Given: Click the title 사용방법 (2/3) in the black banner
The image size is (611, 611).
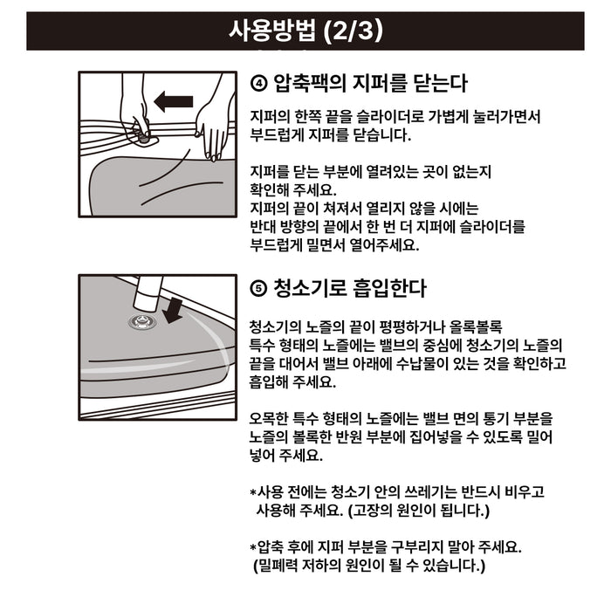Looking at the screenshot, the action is (x=305, y=31).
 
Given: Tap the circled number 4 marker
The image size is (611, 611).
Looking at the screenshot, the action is (x=258, y=84).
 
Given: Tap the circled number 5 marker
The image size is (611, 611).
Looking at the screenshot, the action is (x=258, y=289).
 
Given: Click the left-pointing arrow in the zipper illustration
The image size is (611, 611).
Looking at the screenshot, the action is (x=174, y=101).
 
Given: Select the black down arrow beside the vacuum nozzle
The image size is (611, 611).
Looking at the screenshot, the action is (x=173, y=311).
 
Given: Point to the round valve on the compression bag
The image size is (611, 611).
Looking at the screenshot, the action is (x=143, y=322).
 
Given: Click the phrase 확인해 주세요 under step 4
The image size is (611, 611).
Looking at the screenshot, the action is (x=293, y=190).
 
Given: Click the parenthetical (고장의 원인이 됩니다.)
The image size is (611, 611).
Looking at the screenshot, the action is (x=418, y=510).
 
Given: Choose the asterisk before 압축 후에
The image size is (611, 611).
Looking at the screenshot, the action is (x=253, y=547).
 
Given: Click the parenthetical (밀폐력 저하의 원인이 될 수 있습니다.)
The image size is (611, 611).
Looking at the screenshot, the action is (x=369, y=566).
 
